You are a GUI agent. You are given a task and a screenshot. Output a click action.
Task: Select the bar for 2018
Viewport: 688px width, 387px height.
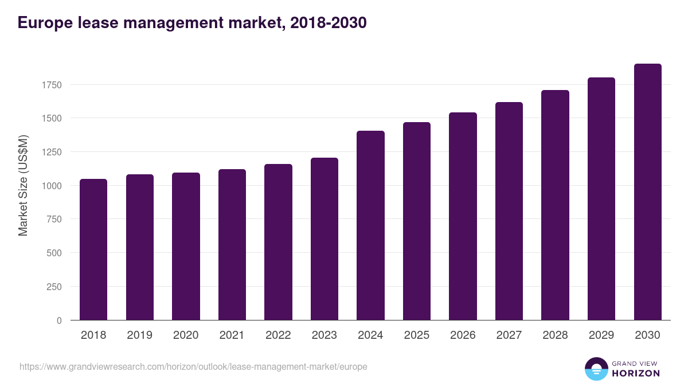click(93, 249)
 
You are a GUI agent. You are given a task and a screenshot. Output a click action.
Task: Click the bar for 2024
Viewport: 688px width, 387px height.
click(370, 225)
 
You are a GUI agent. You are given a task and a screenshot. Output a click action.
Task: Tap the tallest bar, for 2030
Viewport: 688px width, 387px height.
click(647, 192)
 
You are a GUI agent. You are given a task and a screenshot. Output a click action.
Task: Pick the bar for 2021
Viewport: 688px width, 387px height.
click(232, 245)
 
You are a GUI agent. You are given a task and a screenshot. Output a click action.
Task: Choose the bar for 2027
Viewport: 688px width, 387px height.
click(509, 211)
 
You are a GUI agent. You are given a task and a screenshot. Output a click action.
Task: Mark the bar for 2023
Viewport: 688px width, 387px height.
click(324, 239)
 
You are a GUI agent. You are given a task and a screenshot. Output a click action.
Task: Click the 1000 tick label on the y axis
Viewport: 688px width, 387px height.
click(51, 186)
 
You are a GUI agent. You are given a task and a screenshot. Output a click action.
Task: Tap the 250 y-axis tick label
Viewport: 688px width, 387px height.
click(53, 287)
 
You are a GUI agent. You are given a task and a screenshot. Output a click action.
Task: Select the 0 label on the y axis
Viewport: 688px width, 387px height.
click(59, 320)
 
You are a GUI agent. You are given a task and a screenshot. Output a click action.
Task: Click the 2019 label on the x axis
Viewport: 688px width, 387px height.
click(139, 335)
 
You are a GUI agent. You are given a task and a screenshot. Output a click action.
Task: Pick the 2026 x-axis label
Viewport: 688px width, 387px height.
click(463, 335)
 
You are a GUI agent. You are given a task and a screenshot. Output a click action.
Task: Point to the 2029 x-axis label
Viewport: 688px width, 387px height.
click(601, 335)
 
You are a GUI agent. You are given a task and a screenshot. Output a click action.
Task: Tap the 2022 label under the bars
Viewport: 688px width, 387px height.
click(278, 335)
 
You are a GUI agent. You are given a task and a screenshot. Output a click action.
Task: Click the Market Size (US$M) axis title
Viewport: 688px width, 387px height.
click(23, 186)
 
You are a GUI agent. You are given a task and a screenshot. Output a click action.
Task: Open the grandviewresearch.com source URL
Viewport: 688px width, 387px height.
click(193, 366)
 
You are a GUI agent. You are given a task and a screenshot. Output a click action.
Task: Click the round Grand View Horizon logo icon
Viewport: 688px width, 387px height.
click(596, 369)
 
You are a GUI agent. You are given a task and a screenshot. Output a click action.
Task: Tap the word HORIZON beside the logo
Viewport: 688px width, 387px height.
click(636, 373)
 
